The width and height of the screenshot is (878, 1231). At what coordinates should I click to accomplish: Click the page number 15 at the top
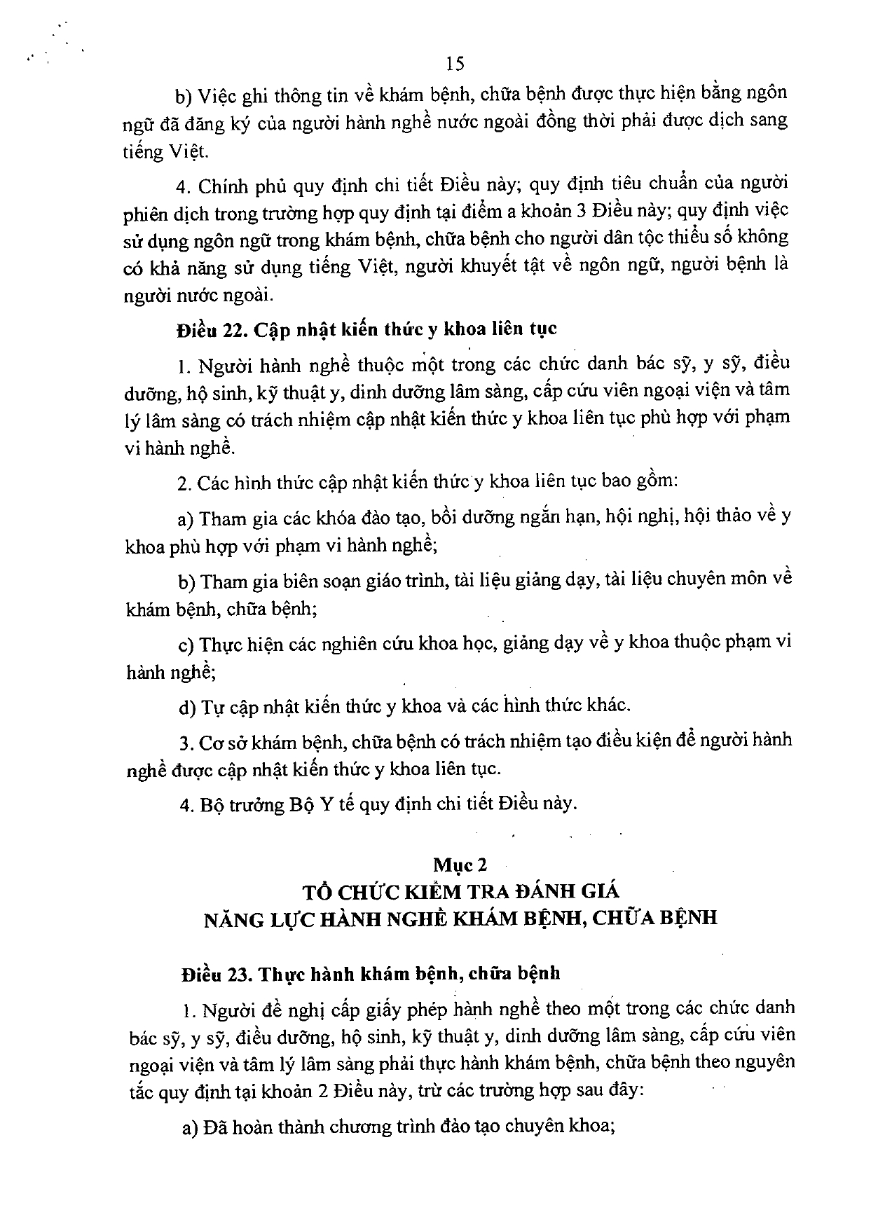pos(455,64)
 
